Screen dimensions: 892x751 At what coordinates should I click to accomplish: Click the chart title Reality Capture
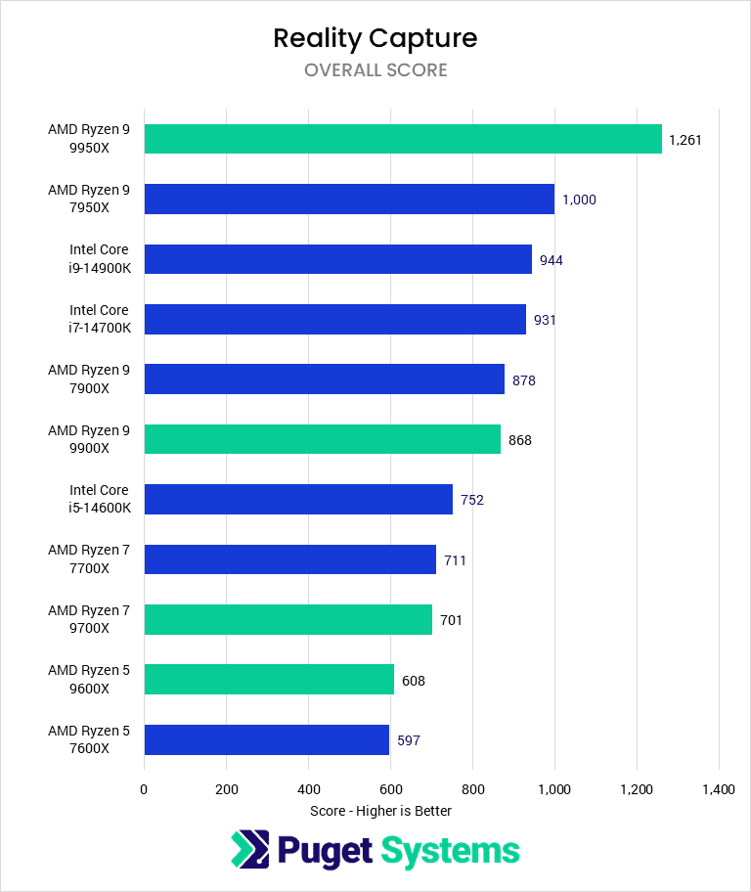coord(375,38)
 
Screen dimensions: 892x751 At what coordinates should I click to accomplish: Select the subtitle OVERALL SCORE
coord(375,70)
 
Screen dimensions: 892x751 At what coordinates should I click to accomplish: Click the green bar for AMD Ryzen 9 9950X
coord(403,139)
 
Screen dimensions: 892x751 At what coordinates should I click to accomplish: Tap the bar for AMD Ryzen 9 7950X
coord(349,200)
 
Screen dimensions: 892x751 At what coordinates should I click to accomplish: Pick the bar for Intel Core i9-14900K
coord(337,259)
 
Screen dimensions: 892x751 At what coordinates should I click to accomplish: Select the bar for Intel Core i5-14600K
coord(298,499)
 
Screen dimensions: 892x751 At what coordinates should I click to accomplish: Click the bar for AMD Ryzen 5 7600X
coord(266,739)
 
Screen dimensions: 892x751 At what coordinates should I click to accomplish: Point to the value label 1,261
coord(685,140)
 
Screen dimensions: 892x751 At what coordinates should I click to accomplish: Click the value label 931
coord(546,320)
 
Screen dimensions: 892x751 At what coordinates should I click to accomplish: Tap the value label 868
coord(520,440)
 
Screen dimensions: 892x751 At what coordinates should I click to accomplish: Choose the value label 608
coord(414,680)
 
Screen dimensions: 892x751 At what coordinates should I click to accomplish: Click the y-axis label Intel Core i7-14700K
coord(99,319)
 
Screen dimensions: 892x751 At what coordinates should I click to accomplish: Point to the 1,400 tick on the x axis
coord(718,789)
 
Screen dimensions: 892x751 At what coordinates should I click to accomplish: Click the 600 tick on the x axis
coord(390,789)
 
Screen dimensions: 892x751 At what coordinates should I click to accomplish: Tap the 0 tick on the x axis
coord(145,789)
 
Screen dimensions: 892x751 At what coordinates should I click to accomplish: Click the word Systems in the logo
coord(450,851)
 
